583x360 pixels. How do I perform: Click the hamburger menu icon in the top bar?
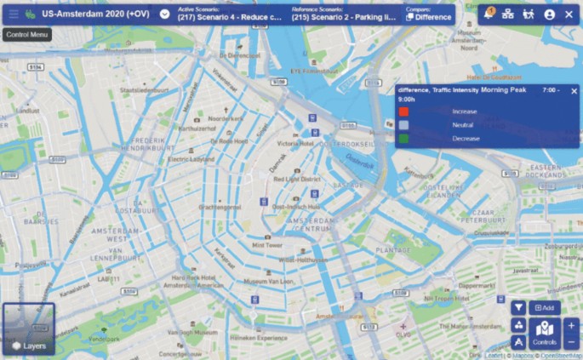coord(13,14)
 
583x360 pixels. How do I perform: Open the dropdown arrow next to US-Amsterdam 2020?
coord(164,14)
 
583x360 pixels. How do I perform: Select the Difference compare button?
coord(428,16)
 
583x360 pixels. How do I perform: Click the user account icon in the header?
coord(550,14)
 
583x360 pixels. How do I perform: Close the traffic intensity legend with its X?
coord(574,90)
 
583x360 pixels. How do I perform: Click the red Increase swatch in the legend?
coord(404,111)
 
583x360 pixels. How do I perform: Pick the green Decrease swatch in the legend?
coord(404,138)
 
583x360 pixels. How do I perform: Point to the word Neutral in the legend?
coord(463,124)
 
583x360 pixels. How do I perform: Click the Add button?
coord(545,307)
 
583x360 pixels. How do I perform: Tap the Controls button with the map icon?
coord(545,332)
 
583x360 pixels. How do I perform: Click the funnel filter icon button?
coord(519,307)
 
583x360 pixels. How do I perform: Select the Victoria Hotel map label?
coord(295,144)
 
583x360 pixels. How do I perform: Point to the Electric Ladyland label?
coord(191,158)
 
